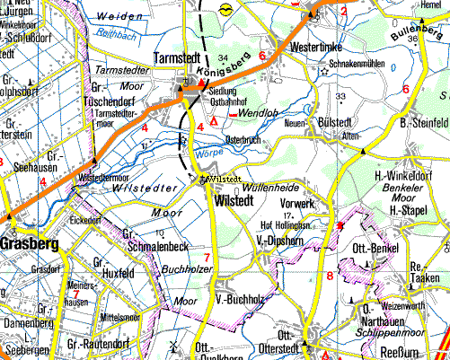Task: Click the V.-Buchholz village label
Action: coord(237,299)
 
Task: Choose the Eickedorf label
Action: coord(86,219)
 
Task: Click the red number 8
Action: coord(330,276)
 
